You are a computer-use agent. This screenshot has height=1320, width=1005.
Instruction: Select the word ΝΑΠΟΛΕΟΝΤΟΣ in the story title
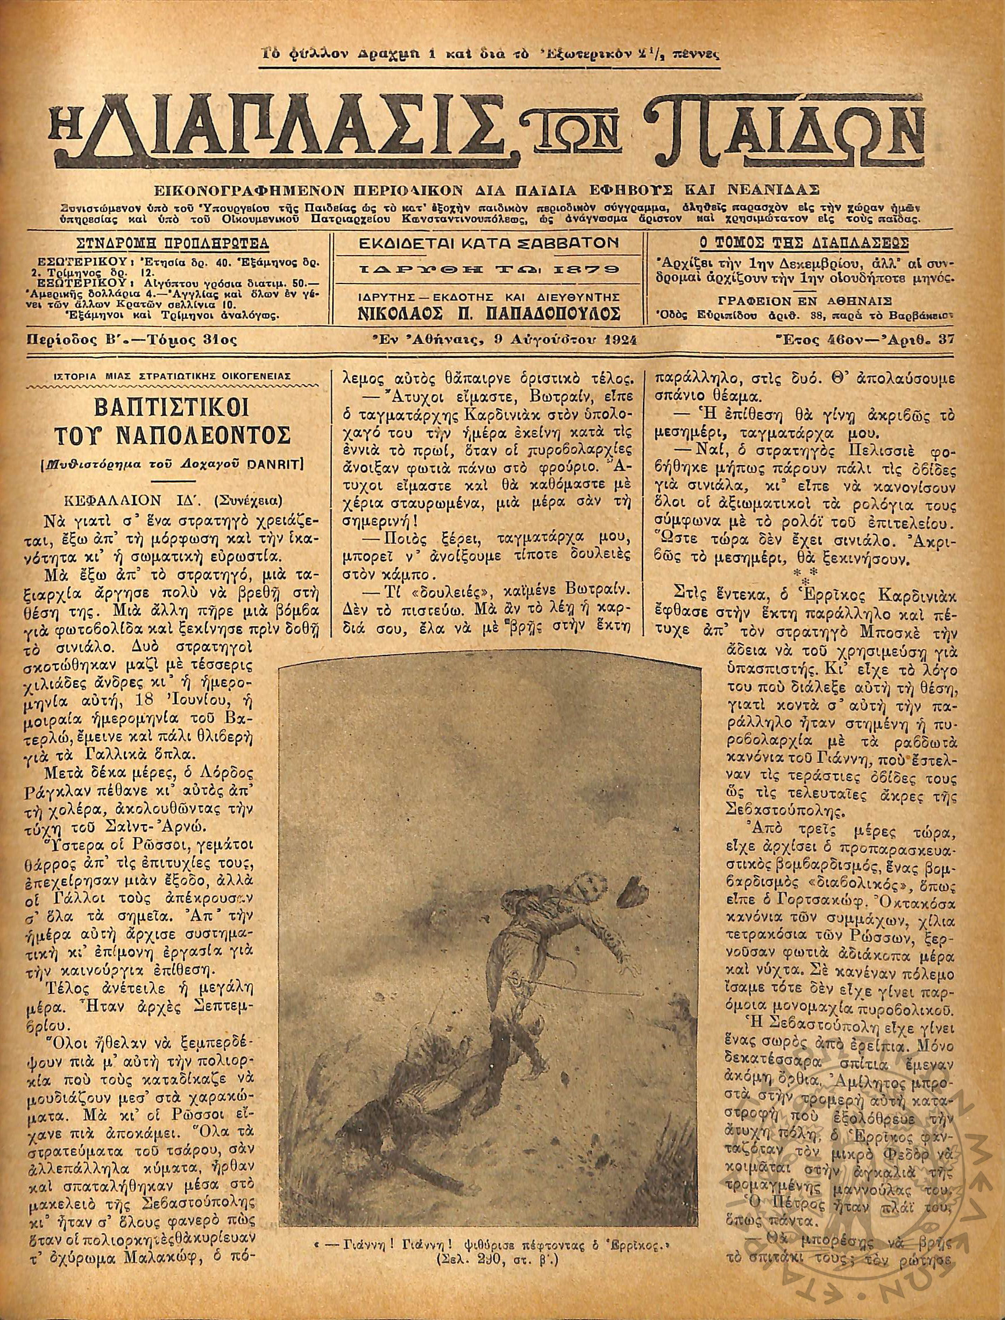pyautogui.click(x=190, y=438)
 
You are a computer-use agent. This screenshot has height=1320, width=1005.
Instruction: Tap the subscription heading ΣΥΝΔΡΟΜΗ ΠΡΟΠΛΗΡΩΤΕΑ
pyautogui.click(x=173, y=243)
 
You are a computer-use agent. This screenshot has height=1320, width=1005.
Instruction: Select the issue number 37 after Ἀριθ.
pyautogui.click(x=946, y=340)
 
